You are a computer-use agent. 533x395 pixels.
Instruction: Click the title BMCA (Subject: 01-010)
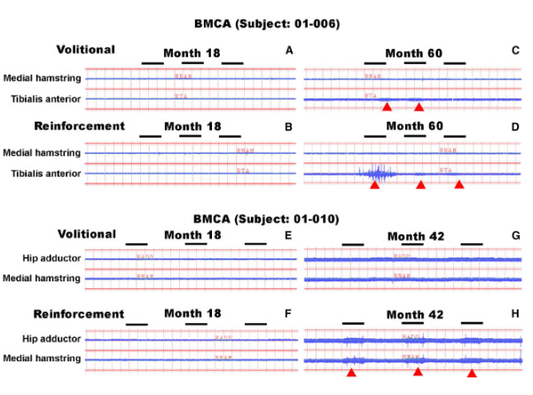coord(266,218)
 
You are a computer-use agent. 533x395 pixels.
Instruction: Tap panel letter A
coord(289,51)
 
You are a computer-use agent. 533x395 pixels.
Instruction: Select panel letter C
coord(515,51)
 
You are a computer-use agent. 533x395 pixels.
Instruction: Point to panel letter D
coord(515,127)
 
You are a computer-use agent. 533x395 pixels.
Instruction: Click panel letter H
coord(515,314)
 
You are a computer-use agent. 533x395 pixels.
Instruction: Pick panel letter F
coord(289,314)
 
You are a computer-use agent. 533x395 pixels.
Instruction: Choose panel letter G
coord(515,236)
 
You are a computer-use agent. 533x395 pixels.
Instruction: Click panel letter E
coord(289,236)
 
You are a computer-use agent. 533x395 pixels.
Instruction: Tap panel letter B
coord(289,127)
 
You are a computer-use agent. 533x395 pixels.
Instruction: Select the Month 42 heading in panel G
coord(417,237)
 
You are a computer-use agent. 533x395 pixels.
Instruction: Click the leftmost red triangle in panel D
coord(374,186)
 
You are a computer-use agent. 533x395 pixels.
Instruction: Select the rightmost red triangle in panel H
coord(471,374)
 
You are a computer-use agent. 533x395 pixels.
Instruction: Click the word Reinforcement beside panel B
coord(78,126)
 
